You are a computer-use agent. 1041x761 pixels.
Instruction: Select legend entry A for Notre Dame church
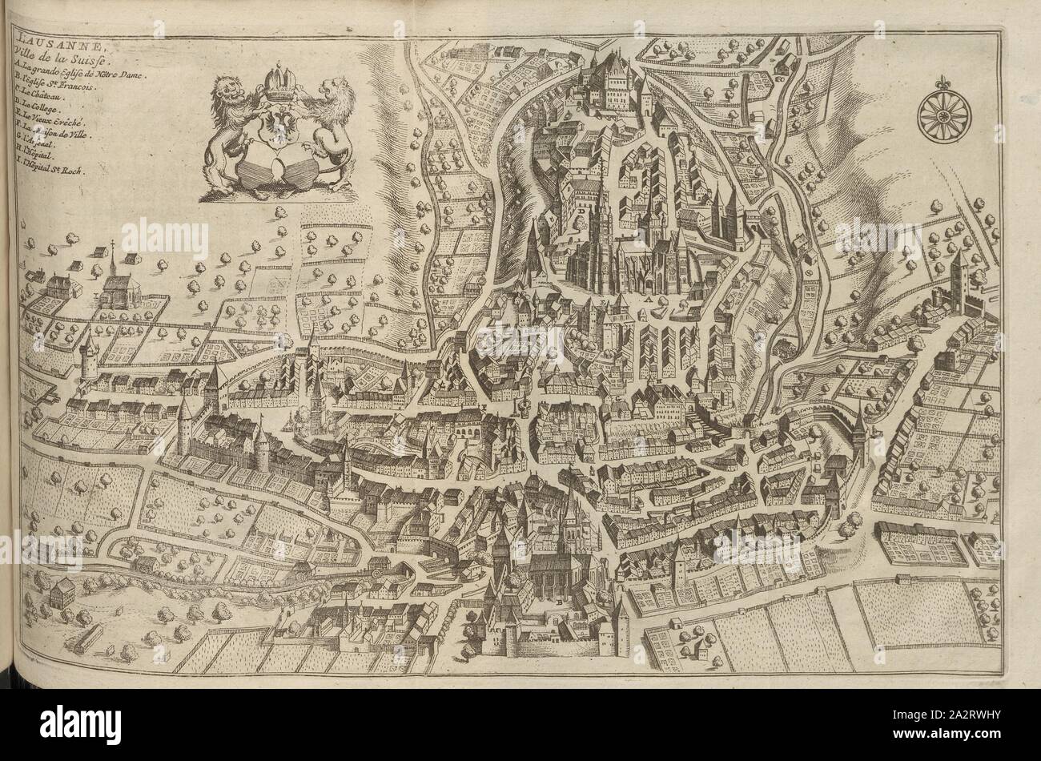pyautogui.click(x=76, y=71)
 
